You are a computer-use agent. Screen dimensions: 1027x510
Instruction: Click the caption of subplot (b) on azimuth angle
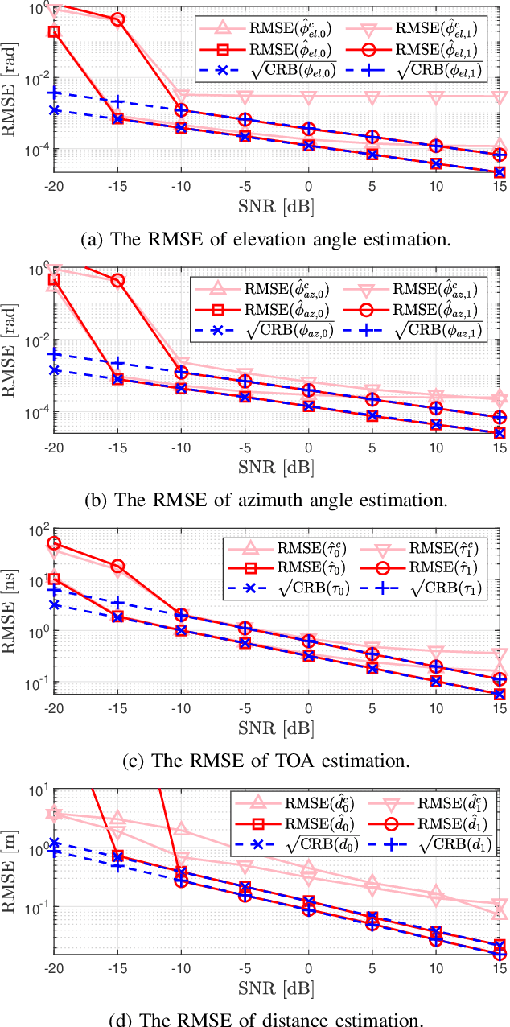point(265,499)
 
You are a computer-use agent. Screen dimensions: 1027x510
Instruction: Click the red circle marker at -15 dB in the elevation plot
point(117,20)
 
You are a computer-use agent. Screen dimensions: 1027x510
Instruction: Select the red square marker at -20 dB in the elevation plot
point(54,31)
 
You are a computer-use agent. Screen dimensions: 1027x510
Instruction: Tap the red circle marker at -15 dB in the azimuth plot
point(117,281)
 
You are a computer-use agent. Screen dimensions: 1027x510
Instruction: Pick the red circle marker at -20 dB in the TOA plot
point(54,543)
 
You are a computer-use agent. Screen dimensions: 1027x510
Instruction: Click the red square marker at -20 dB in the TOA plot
point(54,579)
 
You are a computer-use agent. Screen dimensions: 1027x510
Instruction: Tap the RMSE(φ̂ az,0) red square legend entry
point(270,310)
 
